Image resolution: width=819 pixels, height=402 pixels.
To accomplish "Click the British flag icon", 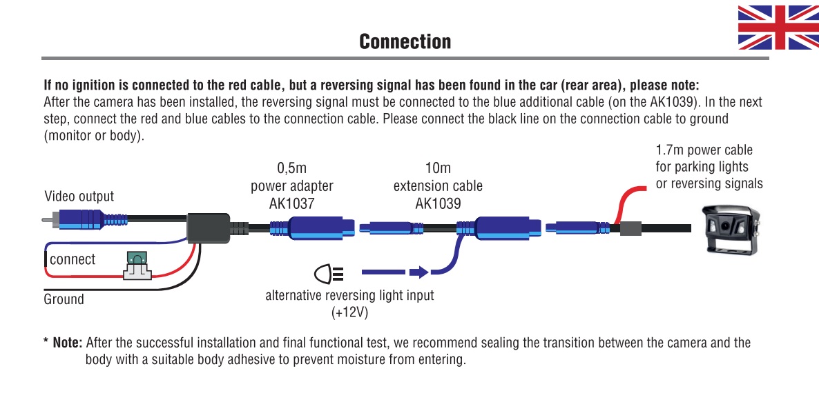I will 778,28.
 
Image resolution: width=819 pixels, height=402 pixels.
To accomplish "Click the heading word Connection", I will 405,41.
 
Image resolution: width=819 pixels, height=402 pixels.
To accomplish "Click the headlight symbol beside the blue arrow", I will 329,274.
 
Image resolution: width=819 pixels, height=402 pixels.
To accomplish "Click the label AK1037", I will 291,204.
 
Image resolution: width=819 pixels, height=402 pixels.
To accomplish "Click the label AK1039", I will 438,204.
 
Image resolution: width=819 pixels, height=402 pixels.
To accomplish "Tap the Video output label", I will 79,197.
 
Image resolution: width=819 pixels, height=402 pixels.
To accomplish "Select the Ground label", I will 64,299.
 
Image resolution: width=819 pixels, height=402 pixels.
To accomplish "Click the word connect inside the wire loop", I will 73,260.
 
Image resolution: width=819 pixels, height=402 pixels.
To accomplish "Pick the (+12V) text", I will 349,312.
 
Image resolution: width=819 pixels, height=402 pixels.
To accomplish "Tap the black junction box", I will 209,227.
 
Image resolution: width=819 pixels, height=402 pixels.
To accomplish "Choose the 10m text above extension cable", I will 438,168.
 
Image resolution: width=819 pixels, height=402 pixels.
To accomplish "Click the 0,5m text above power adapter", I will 291,168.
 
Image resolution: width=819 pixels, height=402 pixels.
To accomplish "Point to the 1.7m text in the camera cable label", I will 669,150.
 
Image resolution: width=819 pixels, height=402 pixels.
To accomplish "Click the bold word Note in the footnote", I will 68,343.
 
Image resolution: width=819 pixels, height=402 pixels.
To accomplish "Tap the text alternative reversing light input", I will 349,296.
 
